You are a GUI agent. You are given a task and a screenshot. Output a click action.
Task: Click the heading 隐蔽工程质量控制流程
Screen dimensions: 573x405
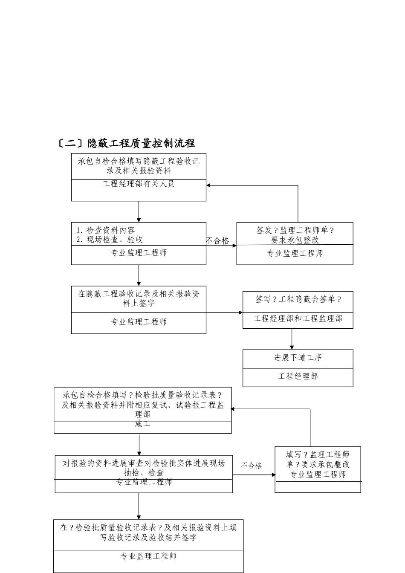(141, 143)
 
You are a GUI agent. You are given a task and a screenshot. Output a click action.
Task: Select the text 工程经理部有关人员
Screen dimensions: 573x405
(139, 184)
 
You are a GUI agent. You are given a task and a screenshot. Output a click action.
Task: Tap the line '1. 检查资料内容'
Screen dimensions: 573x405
(106, 230)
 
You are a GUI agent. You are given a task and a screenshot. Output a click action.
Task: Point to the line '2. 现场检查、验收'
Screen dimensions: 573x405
(110, 240)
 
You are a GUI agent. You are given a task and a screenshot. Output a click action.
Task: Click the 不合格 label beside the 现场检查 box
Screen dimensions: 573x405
(217, 241)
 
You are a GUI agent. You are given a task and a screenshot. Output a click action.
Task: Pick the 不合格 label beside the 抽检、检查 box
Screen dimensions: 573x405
(252, 466)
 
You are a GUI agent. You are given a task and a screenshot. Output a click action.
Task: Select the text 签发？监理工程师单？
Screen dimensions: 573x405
(295, 230)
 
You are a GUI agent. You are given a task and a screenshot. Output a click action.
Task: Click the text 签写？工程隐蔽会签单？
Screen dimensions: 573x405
(298, 299)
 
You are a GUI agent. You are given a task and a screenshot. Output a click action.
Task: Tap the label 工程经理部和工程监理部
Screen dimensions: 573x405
(298, 318)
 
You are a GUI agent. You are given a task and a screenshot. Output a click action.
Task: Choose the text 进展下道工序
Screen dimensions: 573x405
(298, 358)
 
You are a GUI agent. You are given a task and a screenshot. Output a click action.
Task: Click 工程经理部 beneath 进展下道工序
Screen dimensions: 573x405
(298, 376)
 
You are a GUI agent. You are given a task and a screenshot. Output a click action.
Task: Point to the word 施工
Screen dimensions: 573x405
(142, 424)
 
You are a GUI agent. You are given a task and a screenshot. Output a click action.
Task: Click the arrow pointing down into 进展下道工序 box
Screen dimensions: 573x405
(292, 346)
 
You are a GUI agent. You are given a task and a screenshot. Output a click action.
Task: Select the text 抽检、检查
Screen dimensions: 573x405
(144, 472)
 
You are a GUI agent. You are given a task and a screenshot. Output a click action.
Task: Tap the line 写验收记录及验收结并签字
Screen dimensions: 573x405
(148, 538)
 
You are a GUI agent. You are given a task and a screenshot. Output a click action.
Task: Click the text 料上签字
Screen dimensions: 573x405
(139, 304)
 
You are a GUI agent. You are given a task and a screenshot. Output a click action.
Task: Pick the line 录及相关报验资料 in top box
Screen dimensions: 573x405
(139, 171)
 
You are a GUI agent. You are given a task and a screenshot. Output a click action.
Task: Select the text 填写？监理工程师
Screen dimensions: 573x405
(318, 454)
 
